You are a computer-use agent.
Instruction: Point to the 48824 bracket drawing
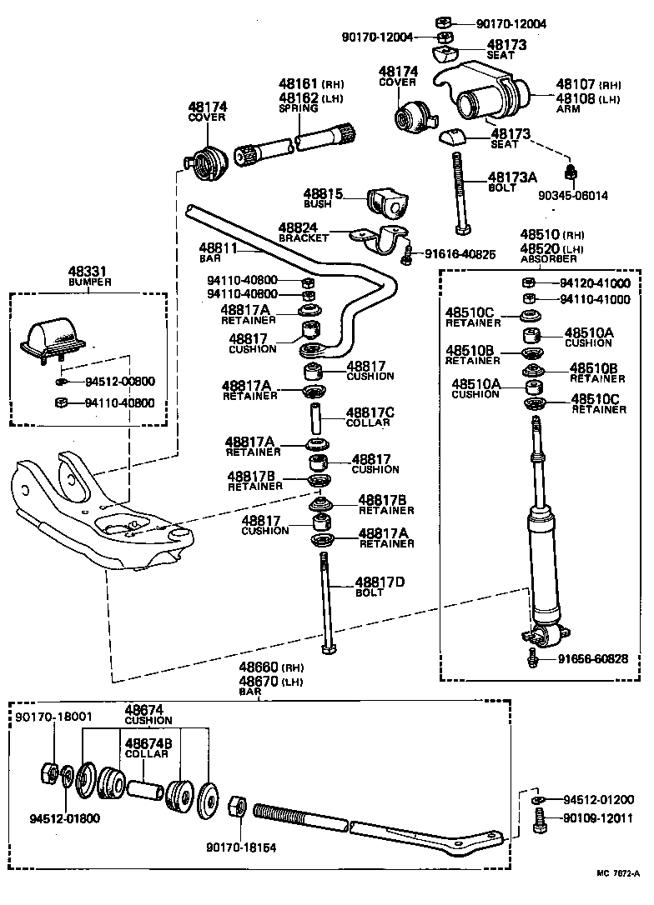pos(380,242)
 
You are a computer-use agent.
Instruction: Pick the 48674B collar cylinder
pos(144,787)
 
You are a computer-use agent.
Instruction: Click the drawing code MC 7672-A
pos(621,896)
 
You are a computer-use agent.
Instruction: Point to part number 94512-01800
pos(59,817)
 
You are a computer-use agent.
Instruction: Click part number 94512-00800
pos(119,382)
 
